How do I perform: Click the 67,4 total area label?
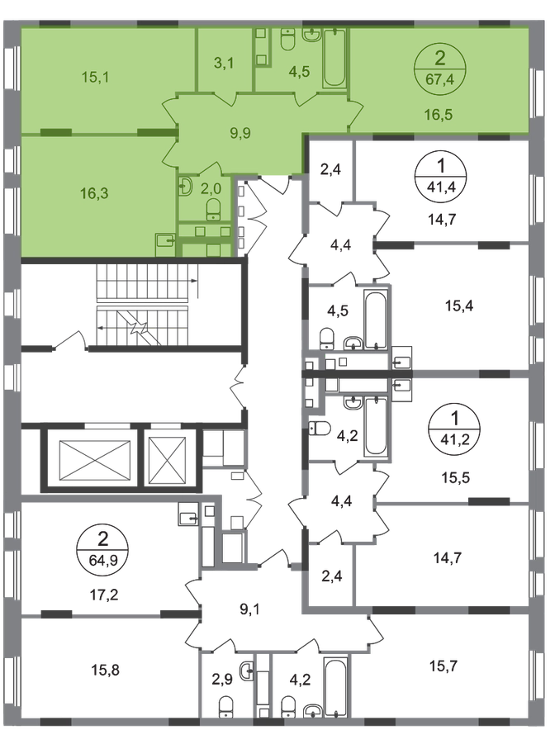point(439,78)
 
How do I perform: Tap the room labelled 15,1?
point(95,77)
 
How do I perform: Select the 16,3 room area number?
point(94,193)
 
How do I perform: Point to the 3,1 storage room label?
point(224,63)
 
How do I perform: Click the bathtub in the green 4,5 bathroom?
point(334,59)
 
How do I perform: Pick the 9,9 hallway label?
point(240,133)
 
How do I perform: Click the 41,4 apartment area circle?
point(441,176)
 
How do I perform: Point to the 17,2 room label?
point(103,595)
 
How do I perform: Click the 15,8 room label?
point(105,671)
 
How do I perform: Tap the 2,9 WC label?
point(222,680)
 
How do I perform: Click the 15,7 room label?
point(444,666)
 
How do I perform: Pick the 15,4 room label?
point(459,306)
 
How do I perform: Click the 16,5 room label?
point(439,115)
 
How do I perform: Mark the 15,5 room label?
point(456,477)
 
